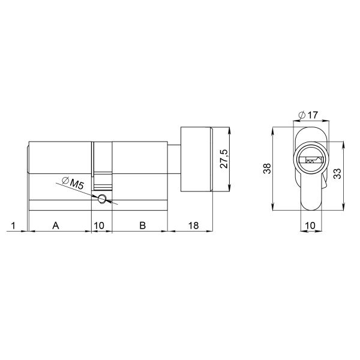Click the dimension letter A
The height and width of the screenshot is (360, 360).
(x=56, y=226)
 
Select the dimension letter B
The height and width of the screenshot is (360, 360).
(x=142, y=226)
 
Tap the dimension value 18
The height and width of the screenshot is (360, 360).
(x=193, y=226)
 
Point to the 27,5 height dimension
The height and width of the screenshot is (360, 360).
(x=223, y=160)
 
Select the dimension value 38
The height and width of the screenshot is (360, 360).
(x=266, y=169)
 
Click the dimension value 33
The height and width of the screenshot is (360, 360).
(x=337, y=174)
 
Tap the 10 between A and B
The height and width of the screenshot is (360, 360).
(x=100, y=226)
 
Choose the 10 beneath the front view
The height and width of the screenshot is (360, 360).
(x=310, y=226)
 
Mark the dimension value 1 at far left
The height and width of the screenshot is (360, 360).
(x=14, y=226)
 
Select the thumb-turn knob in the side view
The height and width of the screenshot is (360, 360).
(x=197, y=159)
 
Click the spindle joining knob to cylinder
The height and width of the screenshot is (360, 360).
(x=173, y=160)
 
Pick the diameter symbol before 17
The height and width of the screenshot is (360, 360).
(x=299, y=115)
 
